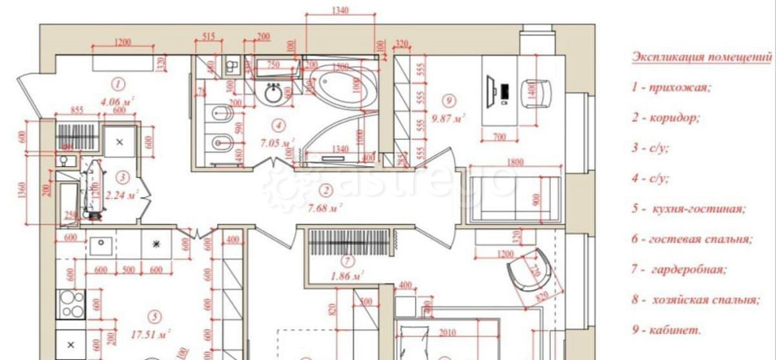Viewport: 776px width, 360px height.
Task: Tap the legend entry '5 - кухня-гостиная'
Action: point(688,209)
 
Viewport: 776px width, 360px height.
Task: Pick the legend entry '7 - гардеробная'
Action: point(679,270)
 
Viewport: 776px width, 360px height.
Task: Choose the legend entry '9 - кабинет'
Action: point(666,330)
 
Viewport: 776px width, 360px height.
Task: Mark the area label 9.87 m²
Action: point(449,119)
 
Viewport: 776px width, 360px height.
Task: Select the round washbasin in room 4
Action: point(275,94)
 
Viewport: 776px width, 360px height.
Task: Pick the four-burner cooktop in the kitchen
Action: point(72,303)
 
